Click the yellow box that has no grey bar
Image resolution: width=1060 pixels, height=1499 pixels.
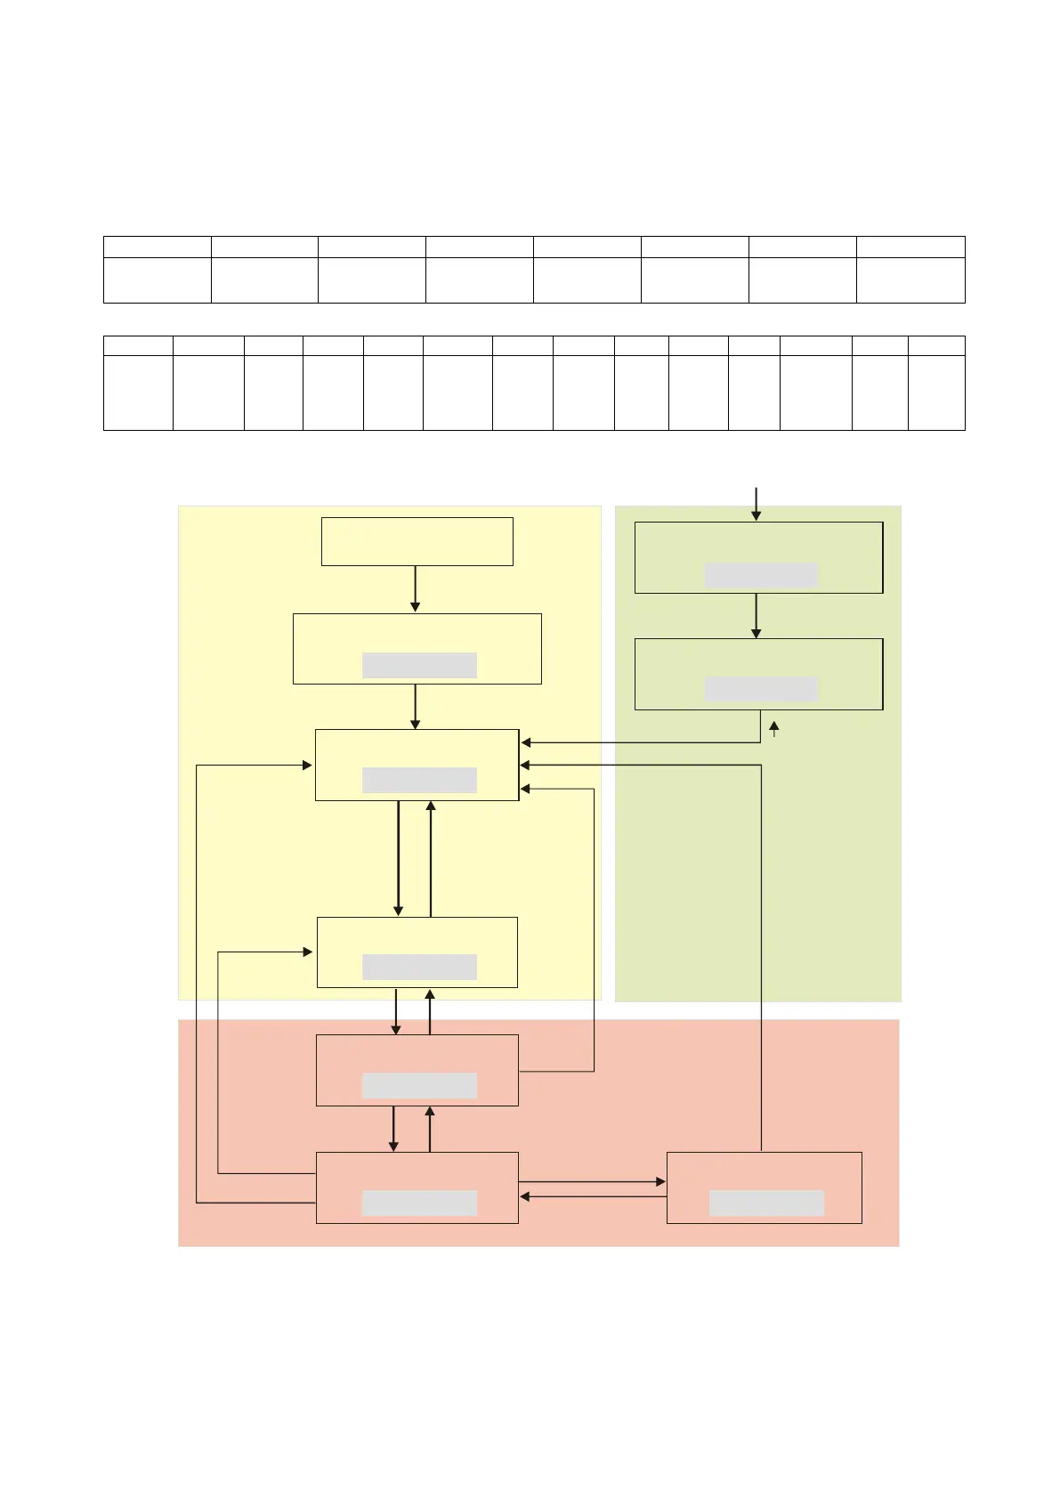point(417,541)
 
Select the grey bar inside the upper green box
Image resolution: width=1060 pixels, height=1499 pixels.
point(760,575)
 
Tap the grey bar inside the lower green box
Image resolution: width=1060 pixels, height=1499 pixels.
point(760,689)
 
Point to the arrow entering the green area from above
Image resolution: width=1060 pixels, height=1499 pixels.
point(756,504)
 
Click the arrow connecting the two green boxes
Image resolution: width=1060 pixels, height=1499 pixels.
point(756,616)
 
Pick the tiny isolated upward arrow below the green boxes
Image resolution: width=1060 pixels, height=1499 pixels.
point(774,729)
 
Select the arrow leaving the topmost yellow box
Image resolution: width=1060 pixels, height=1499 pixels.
point(415,589)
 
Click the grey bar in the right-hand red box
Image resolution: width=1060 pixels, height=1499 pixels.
point(766,1203)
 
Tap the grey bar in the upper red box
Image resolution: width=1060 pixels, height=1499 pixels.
point(419,1086)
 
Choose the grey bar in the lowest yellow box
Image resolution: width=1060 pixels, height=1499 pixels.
point(419,968)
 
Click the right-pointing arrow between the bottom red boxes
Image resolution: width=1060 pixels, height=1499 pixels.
point(593,1181)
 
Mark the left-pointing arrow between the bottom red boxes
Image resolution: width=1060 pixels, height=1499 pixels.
point(593,1197)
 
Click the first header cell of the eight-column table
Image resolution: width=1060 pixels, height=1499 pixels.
point(157,247)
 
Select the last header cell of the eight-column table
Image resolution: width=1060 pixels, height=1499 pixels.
point(910,247)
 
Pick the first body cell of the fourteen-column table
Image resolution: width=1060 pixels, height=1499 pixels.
point(138,393)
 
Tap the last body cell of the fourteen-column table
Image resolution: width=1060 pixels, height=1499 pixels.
point(936,393)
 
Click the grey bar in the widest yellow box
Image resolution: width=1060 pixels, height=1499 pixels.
point(419,666)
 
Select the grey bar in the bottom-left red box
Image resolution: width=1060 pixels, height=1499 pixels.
point(419,1203)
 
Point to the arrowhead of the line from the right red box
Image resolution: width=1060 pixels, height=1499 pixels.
point(526,765)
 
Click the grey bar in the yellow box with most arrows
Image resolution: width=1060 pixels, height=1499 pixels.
point(419,781)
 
